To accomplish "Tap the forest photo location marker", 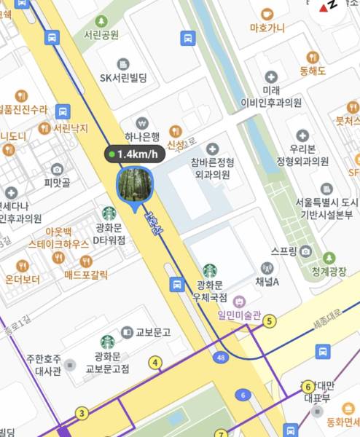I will point(134,184).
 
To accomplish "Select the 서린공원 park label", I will point(101,34).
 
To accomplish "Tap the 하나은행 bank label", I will point(142,136).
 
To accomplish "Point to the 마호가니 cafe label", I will point(267,28).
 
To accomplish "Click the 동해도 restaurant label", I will point(313,70).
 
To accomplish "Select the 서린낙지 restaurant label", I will point(71,128).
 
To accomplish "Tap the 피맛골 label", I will point(57,182).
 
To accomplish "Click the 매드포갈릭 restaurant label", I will point(86,275).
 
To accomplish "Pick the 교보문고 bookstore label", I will point(152,332).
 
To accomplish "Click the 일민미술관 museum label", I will point(239,315).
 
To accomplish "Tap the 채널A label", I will point(267,281).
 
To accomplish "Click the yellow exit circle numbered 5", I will point(270,320).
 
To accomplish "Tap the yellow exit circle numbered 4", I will point(154,362).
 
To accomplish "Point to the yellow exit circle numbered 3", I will point(82,414).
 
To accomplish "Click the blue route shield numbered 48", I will point(221,358).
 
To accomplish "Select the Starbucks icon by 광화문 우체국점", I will point(210,270).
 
